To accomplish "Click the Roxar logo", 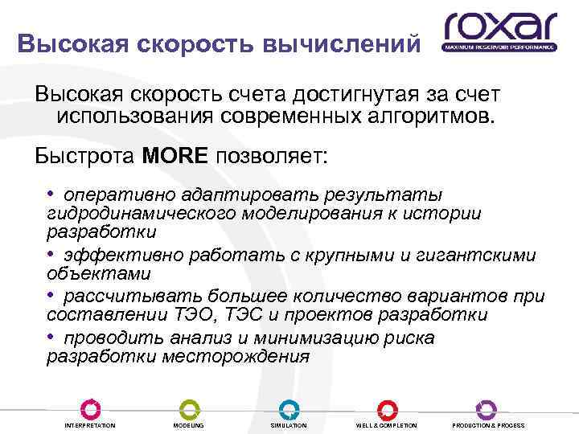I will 499,31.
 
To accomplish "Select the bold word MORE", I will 175,155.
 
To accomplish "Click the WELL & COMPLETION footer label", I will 386,425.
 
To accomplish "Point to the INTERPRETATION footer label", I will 90,425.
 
